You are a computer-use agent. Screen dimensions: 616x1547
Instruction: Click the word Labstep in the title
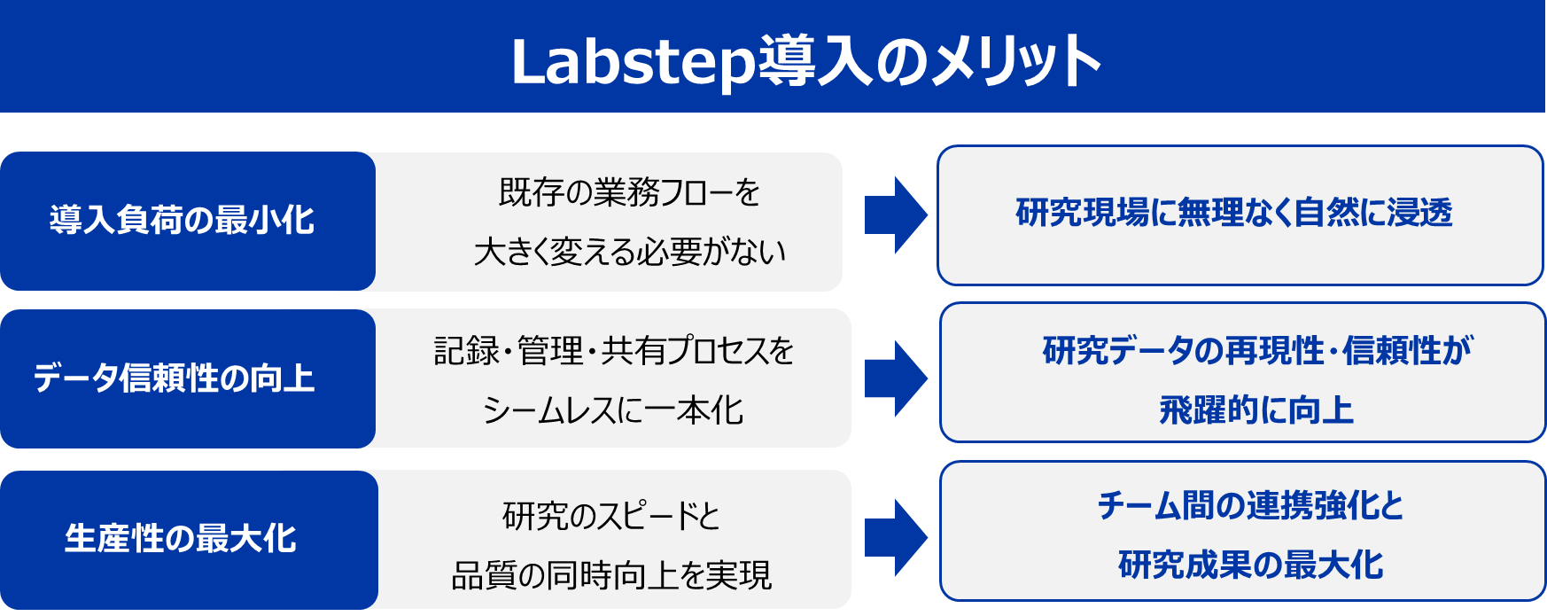point(633,62)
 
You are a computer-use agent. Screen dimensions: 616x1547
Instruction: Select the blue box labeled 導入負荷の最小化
point(182,221)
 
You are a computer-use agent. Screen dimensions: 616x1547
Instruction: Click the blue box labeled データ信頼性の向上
point(175,378)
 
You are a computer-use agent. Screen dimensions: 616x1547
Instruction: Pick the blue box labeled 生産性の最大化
point(181,539)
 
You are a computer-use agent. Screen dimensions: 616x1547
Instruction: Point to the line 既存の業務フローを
point(629,192)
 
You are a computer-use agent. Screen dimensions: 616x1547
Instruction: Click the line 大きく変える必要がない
point(630,252)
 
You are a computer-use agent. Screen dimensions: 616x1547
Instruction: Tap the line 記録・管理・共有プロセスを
point(613,351)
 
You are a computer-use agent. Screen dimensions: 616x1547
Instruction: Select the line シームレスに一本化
point(613,409)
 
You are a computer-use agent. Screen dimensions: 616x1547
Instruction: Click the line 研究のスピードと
point(611,516)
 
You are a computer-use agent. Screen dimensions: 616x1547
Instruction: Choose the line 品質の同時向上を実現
point(611,575)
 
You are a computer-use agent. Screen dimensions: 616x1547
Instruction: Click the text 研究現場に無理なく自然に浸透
point(1234,214)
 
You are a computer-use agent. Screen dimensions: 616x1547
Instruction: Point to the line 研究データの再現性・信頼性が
point(1256,351)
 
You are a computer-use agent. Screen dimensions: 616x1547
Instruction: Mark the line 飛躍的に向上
point(1256,409)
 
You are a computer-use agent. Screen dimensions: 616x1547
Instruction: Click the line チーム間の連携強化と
point(1250,506)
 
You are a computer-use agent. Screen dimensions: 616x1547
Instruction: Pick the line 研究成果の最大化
point(1250,565)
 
